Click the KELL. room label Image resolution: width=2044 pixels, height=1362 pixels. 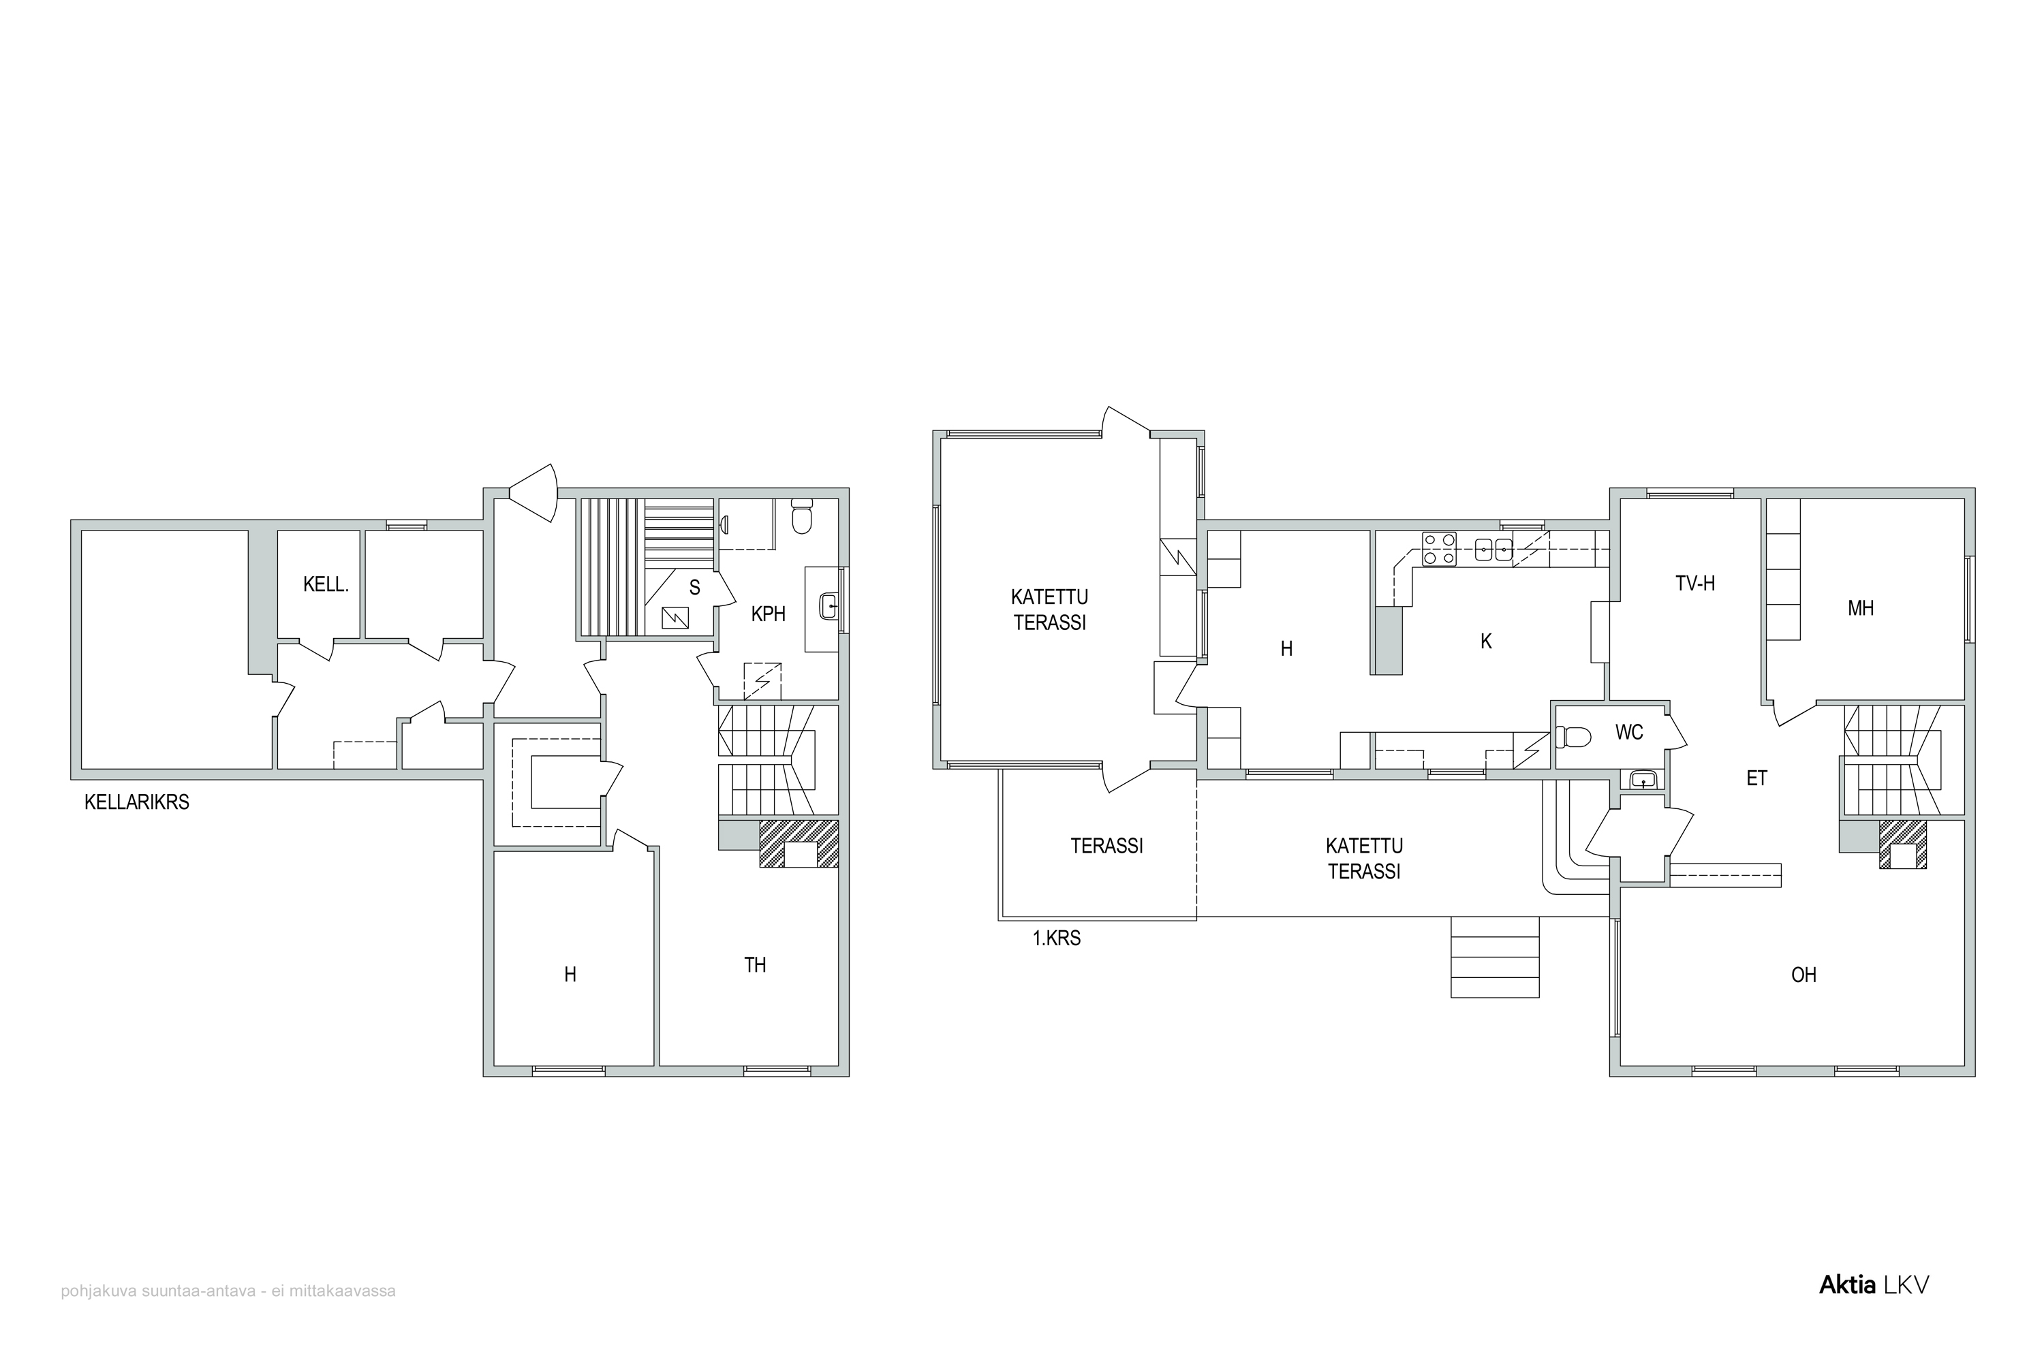(326, 584)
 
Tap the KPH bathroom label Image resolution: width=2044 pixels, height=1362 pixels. (769, 614)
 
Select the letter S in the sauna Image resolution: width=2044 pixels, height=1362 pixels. (694, 588)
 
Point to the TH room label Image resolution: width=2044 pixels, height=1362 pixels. (755, 964)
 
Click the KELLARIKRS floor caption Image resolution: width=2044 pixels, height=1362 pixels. (136, 802)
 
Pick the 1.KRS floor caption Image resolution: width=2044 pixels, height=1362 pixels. (1057, 938)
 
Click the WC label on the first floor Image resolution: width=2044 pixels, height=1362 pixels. (1630, 732)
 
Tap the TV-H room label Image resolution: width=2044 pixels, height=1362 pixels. (1696, 583)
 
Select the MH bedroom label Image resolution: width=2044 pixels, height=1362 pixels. (1861, 608)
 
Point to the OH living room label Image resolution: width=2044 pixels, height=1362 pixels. (1804, 975)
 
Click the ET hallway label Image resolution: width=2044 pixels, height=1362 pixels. (1757, 778)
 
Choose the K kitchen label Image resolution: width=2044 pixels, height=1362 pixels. (1486, 641)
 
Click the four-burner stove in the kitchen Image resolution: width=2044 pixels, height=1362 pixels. (1439, 550)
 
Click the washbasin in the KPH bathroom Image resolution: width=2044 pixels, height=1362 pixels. (829, 605)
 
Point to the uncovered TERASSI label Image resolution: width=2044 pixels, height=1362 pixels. (1106, 845)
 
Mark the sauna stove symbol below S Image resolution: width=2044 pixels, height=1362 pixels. (675, 618)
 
